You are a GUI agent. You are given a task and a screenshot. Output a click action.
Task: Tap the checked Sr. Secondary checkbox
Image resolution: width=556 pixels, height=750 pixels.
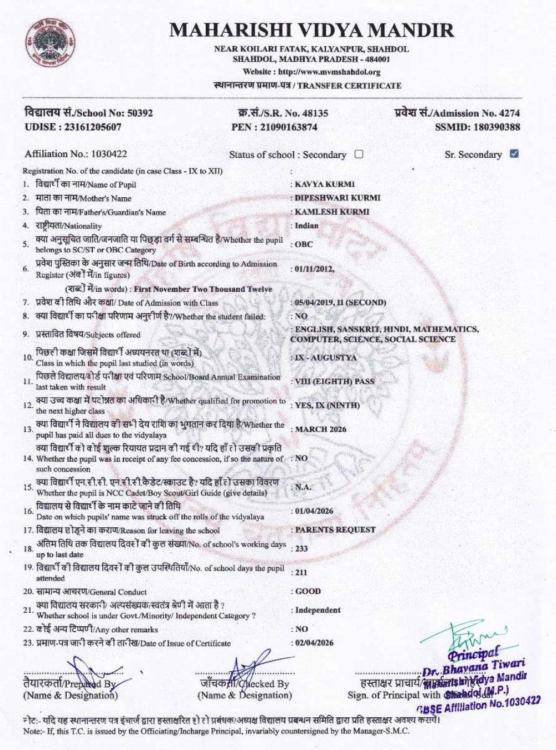[x=514, y=154]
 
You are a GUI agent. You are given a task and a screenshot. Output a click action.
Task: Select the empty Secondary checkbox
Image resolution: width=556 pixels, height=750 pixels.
[x=359, y=154]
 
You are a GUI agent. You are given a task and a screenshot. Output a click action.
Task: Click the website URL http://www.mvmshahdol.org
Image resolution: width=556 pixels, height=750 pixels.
[x=329, y=72]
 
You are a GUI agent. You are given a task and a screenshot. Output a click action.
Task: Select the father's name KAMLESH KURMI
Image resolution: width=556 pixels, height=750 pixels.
[x=332, y=212]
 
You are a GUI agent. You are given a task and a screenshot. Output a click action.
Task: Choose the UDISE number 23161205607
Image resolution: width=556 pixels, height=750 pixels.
[x=92, y=127]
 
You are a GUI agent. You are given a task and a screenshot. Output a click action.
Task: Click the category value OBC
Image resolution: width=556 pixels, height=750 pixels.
[x=304, y=244]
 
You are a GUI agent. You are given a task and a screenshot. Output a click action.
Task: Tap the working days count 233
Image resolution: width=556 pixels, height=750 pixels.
[x=302, y=549]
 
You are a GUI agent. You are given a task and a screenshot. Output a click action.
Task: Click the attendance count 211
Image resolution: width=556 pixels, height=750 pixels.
[x=301, y=572]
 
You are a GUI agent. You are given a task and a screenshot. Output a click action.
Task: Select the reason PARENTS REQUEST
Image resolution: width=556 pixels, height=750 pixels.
[x=335, y=530]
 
